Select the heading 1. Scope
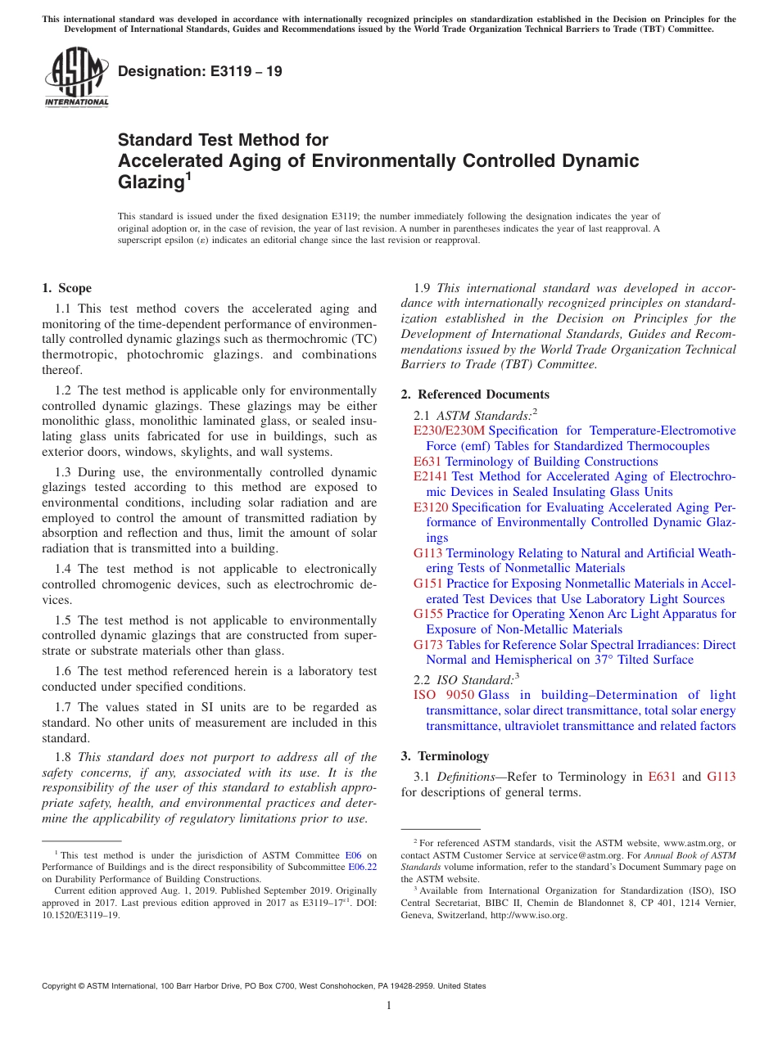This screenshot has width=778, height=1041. (x=66, y=288)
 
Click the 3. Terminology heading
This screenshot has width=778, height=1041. (x=445, y=756)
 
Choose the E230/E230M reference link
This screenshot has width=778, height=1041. (x=450, y=430)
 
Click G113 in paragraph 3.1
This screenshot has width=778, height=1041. (x=721, y=777)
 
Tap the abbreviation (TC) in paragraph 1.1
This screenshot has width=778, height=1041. (x=362, y=339)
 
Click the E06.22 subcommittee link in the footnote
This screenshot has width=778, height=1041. (x=363, y=867)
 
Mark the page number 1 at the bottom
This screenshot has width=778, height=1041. (x=389, y=1006)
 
